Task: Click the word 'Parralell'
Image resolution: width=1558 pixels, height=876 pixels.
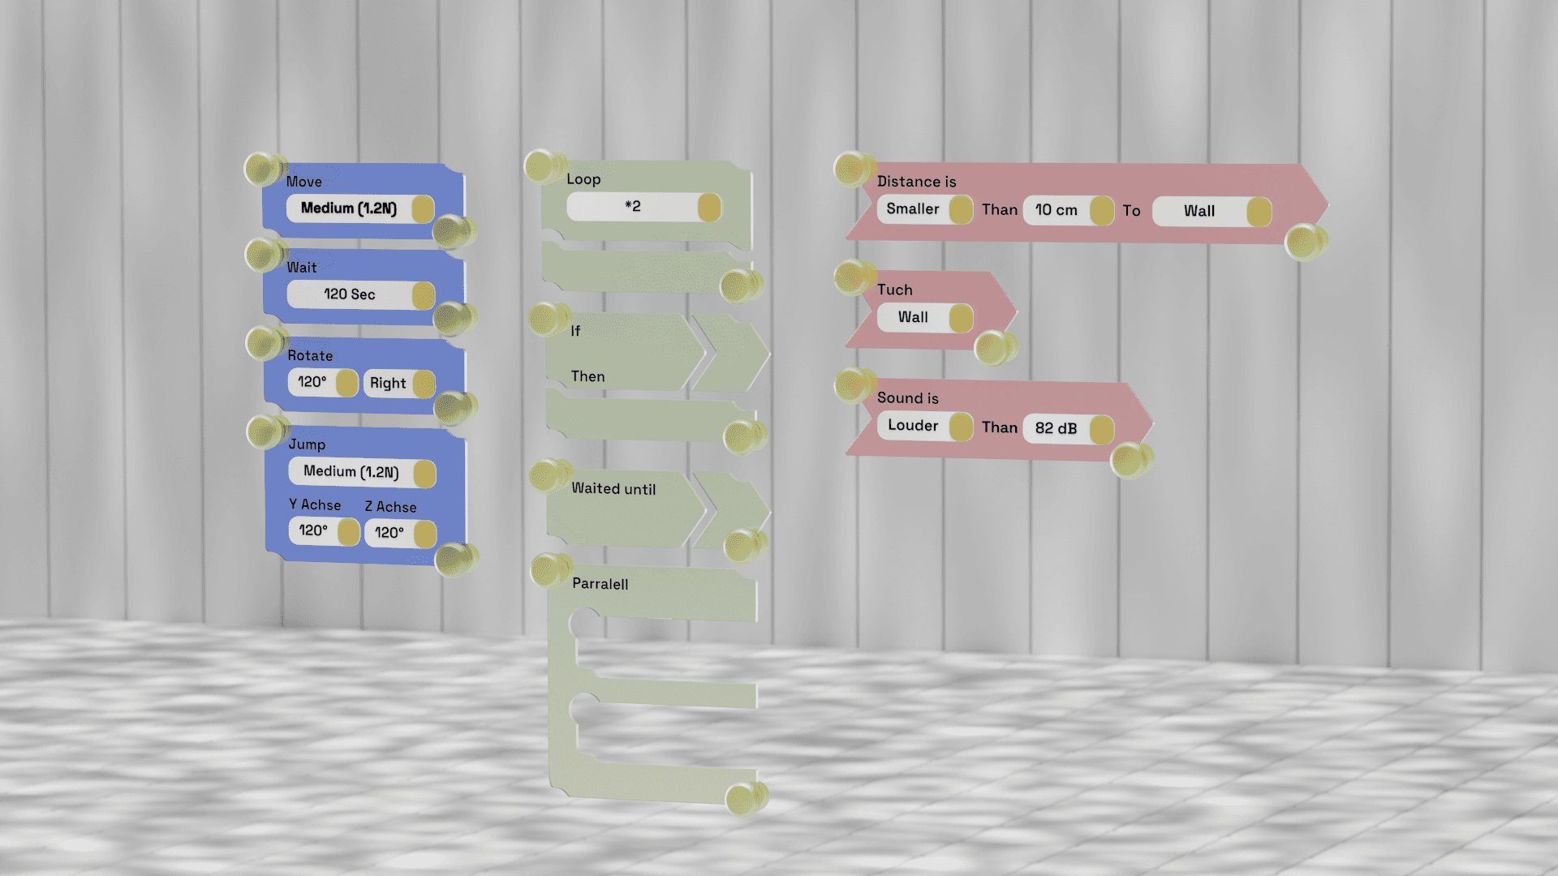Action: (x=600, y=584)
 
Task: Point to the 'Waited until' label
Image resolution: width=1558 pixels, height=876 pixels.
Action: (x=613, y=488)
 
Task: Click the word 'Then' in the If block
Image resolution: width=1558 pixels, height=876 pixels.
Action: (x=587, y=376)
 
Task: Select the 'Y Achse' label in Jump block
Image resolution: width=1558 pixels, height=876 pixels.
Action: (x=315, y=505)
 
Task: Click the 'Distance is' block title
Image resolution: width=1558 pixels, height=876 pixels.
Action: (x=916, y=182)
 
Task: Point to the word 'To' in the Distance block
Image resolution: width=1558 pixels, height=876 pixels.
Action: (x=1131, y=211)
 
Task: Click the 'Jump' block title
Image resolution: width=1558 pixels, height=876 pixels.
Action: (x=307, y=444)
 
